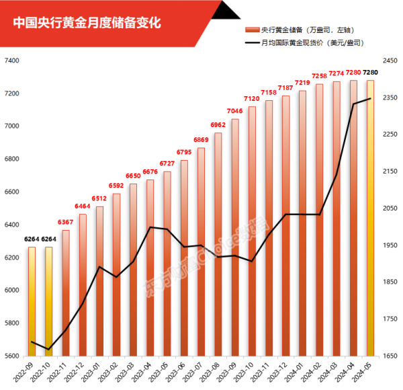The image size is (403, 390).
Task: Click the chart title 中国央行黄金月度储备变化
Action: (87, 23)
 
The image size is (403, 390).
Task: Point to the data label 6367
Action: (66, 223)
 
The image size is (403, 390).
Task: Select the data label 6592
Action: (117, 186)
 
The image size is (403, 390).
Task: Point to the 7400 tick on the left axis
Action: (13, 61)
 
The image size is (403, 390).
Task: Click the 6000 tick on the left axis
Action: (13, 290)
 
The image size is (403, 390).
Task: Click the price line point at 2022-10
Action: (48, 350)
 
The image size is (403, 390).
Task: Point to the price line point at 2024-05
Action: (370, 99)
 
